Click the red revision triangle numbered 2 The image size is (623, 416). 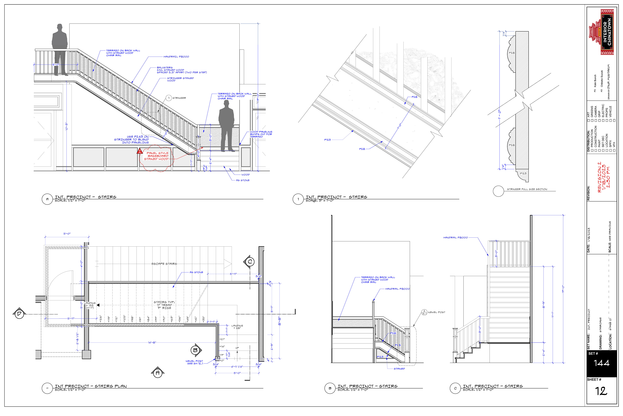tap(140, 151)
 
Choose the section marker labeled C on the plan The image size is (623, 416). tap(250, 262)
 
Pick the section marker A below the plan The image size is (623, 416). tap(158, 373)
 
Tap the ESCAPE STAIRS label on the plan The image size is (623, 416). tap(164, 264)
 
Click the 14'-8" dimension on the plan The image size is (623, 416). tap(152, 343)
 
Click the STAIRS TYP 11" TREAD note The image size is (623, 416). tap(164, 305)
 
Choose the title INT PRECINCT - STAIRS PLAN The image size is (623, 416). tap(91, 386)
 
